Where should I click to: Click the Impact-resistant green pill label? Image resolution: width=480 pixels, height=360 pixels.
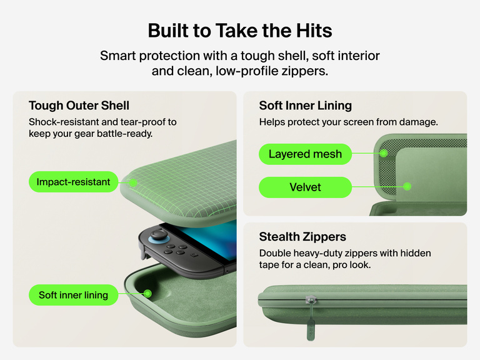[x=74, y=182]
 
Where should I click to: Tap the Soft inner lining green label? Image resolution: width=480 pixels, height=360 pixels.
[x=74, y=295]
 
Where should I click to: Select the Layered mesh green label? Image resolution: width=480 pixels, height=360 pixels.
[x=305, y=154]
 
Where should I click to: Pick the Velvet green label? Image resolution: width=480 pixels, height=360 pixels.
[x=305, y=187]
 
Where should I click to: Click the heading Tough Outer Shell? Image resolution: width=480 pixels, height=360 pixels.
[x=79, y=106]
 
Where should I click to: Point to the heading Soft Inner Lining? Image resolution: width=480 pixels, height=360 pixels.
[x=305, y=106]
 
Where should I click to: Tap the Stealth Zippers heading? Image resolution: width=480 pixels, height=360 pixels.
[x=302, y=237]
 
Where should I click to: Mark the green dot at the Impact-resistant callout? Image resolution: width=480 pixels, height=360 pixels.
[x=133, y=183]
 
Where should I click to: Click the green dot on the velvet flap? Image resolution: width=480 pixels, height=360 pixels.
[x=407, y=186]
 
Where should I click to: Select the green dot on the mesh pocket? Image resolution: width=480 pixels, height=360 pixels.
[x=384, y=153]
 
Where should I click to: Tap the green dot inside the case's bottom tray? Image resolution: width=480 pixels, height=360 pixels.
[x=148, y=294]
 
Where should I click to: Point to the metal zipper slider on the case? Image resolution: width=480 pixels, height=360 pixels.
[x=311, y=299]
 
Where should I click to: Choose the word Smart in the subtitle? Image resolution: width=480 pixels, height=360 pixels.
[x=118, y=56]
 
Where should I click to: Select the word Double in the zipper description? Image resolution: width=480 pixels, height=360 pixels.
[x=275, y=253]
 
